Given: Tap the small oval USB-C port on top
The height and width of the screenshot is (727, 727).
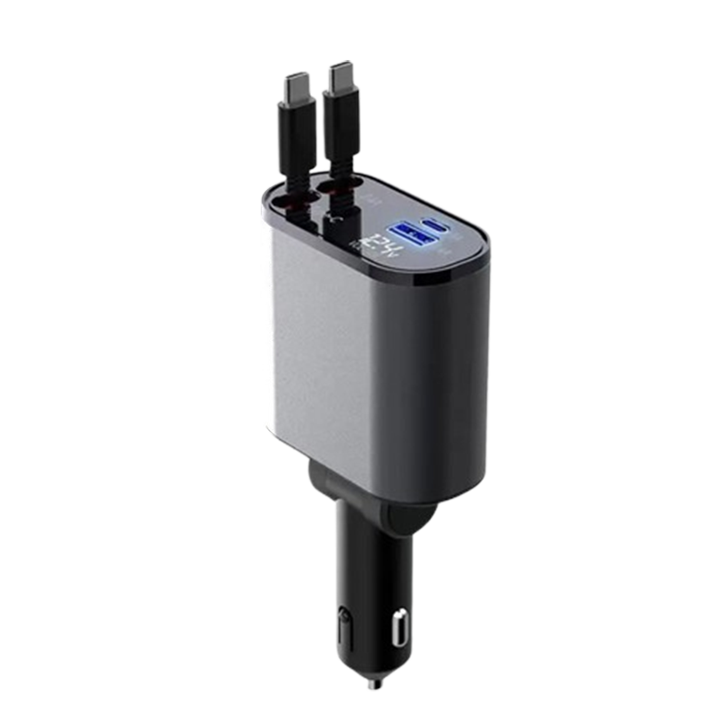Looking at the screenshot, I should point(433,224).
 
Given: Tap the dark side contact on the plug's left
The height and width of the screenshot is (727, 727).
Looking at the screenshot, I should point(343,627).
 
